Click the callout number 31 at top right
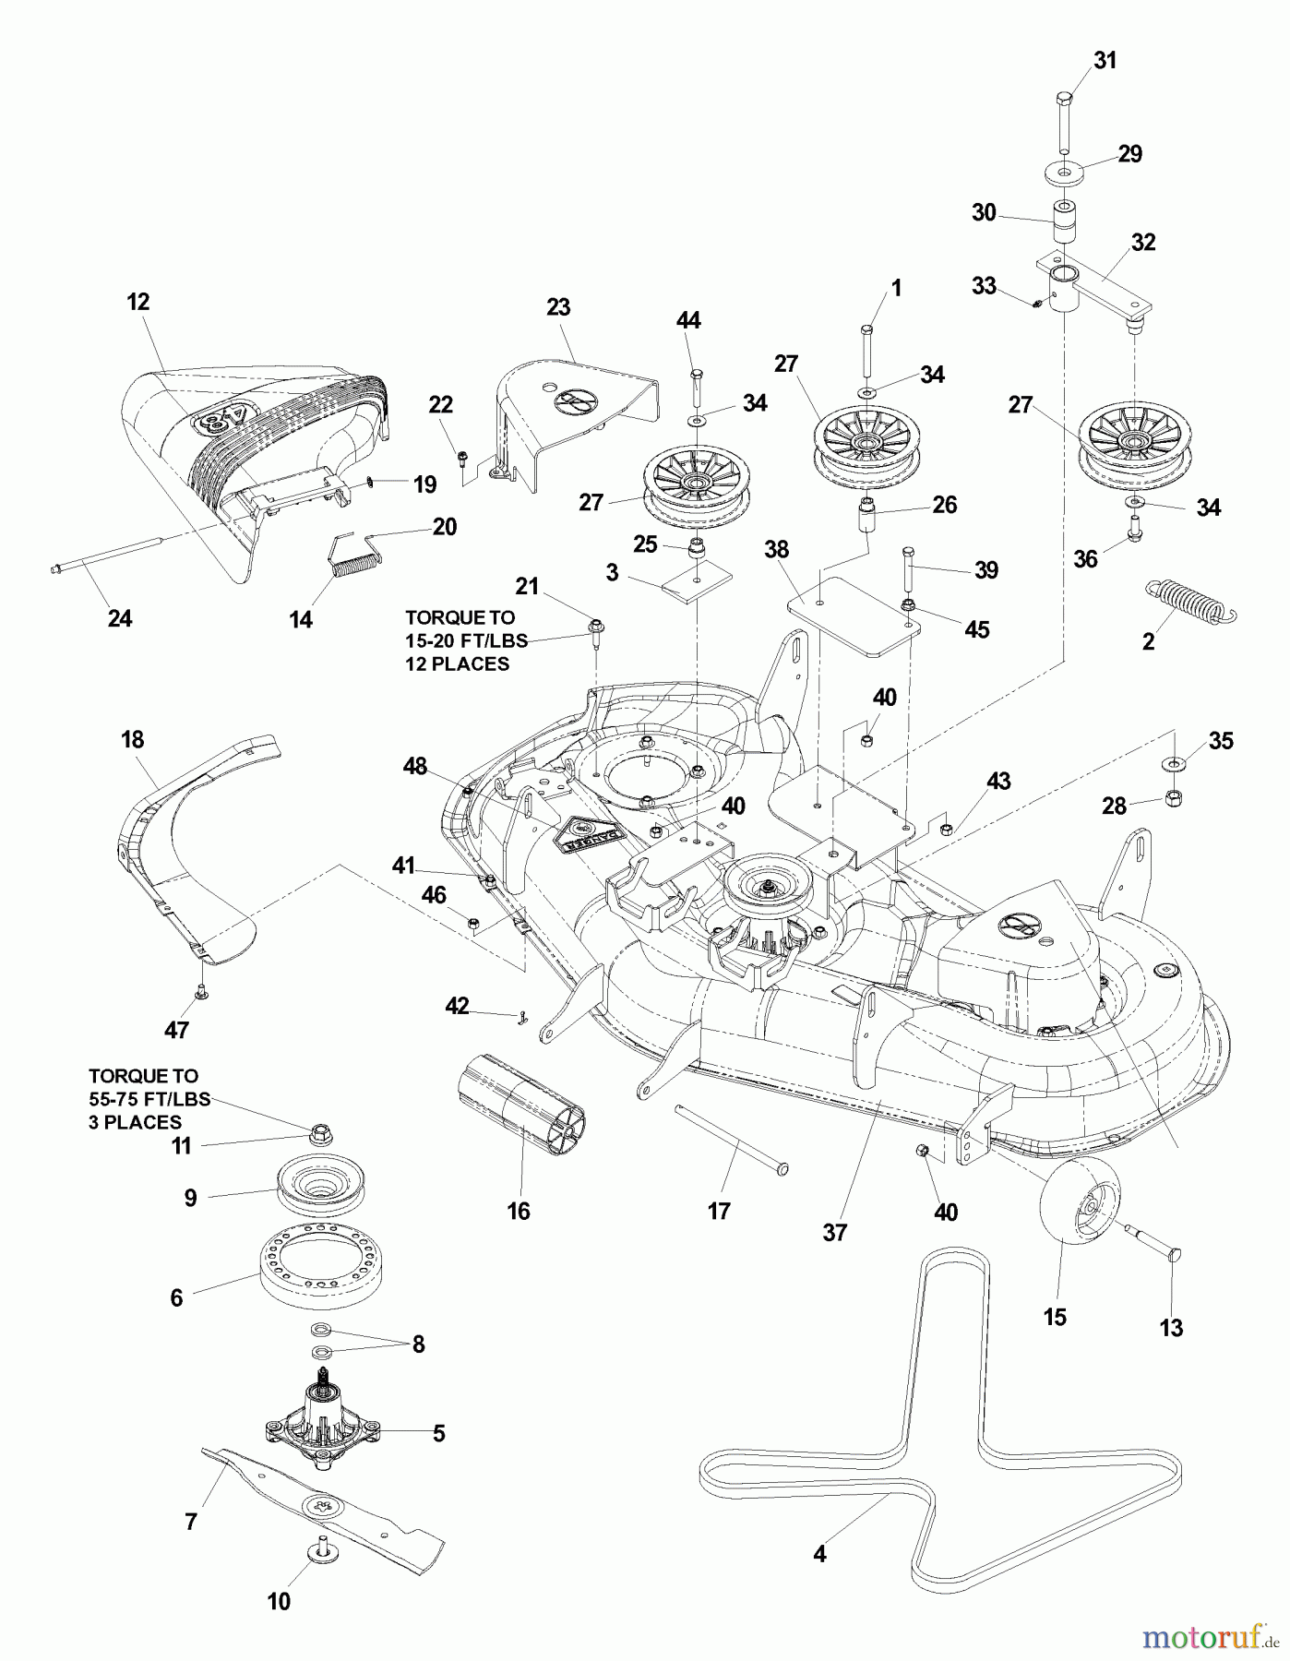pyautogui.click(x=1105, y=61)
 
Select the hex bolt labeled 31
pyautogui.click(x=1062, y=120)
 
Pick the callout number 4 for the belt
pyautogui.click(x=819, y=1554)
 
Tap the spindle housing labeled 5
pyautogui.click(x=324, y=1425)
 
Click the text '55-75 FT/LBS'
pyautogui.click(x=149, y=1099)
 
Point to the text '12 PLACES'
pyautogui.click(x=457, y=664)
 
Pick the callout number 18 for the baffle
pyautogui.click(x=132, y=740)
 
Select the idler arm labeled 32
pyautogui.click(x=1098, y=282)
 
